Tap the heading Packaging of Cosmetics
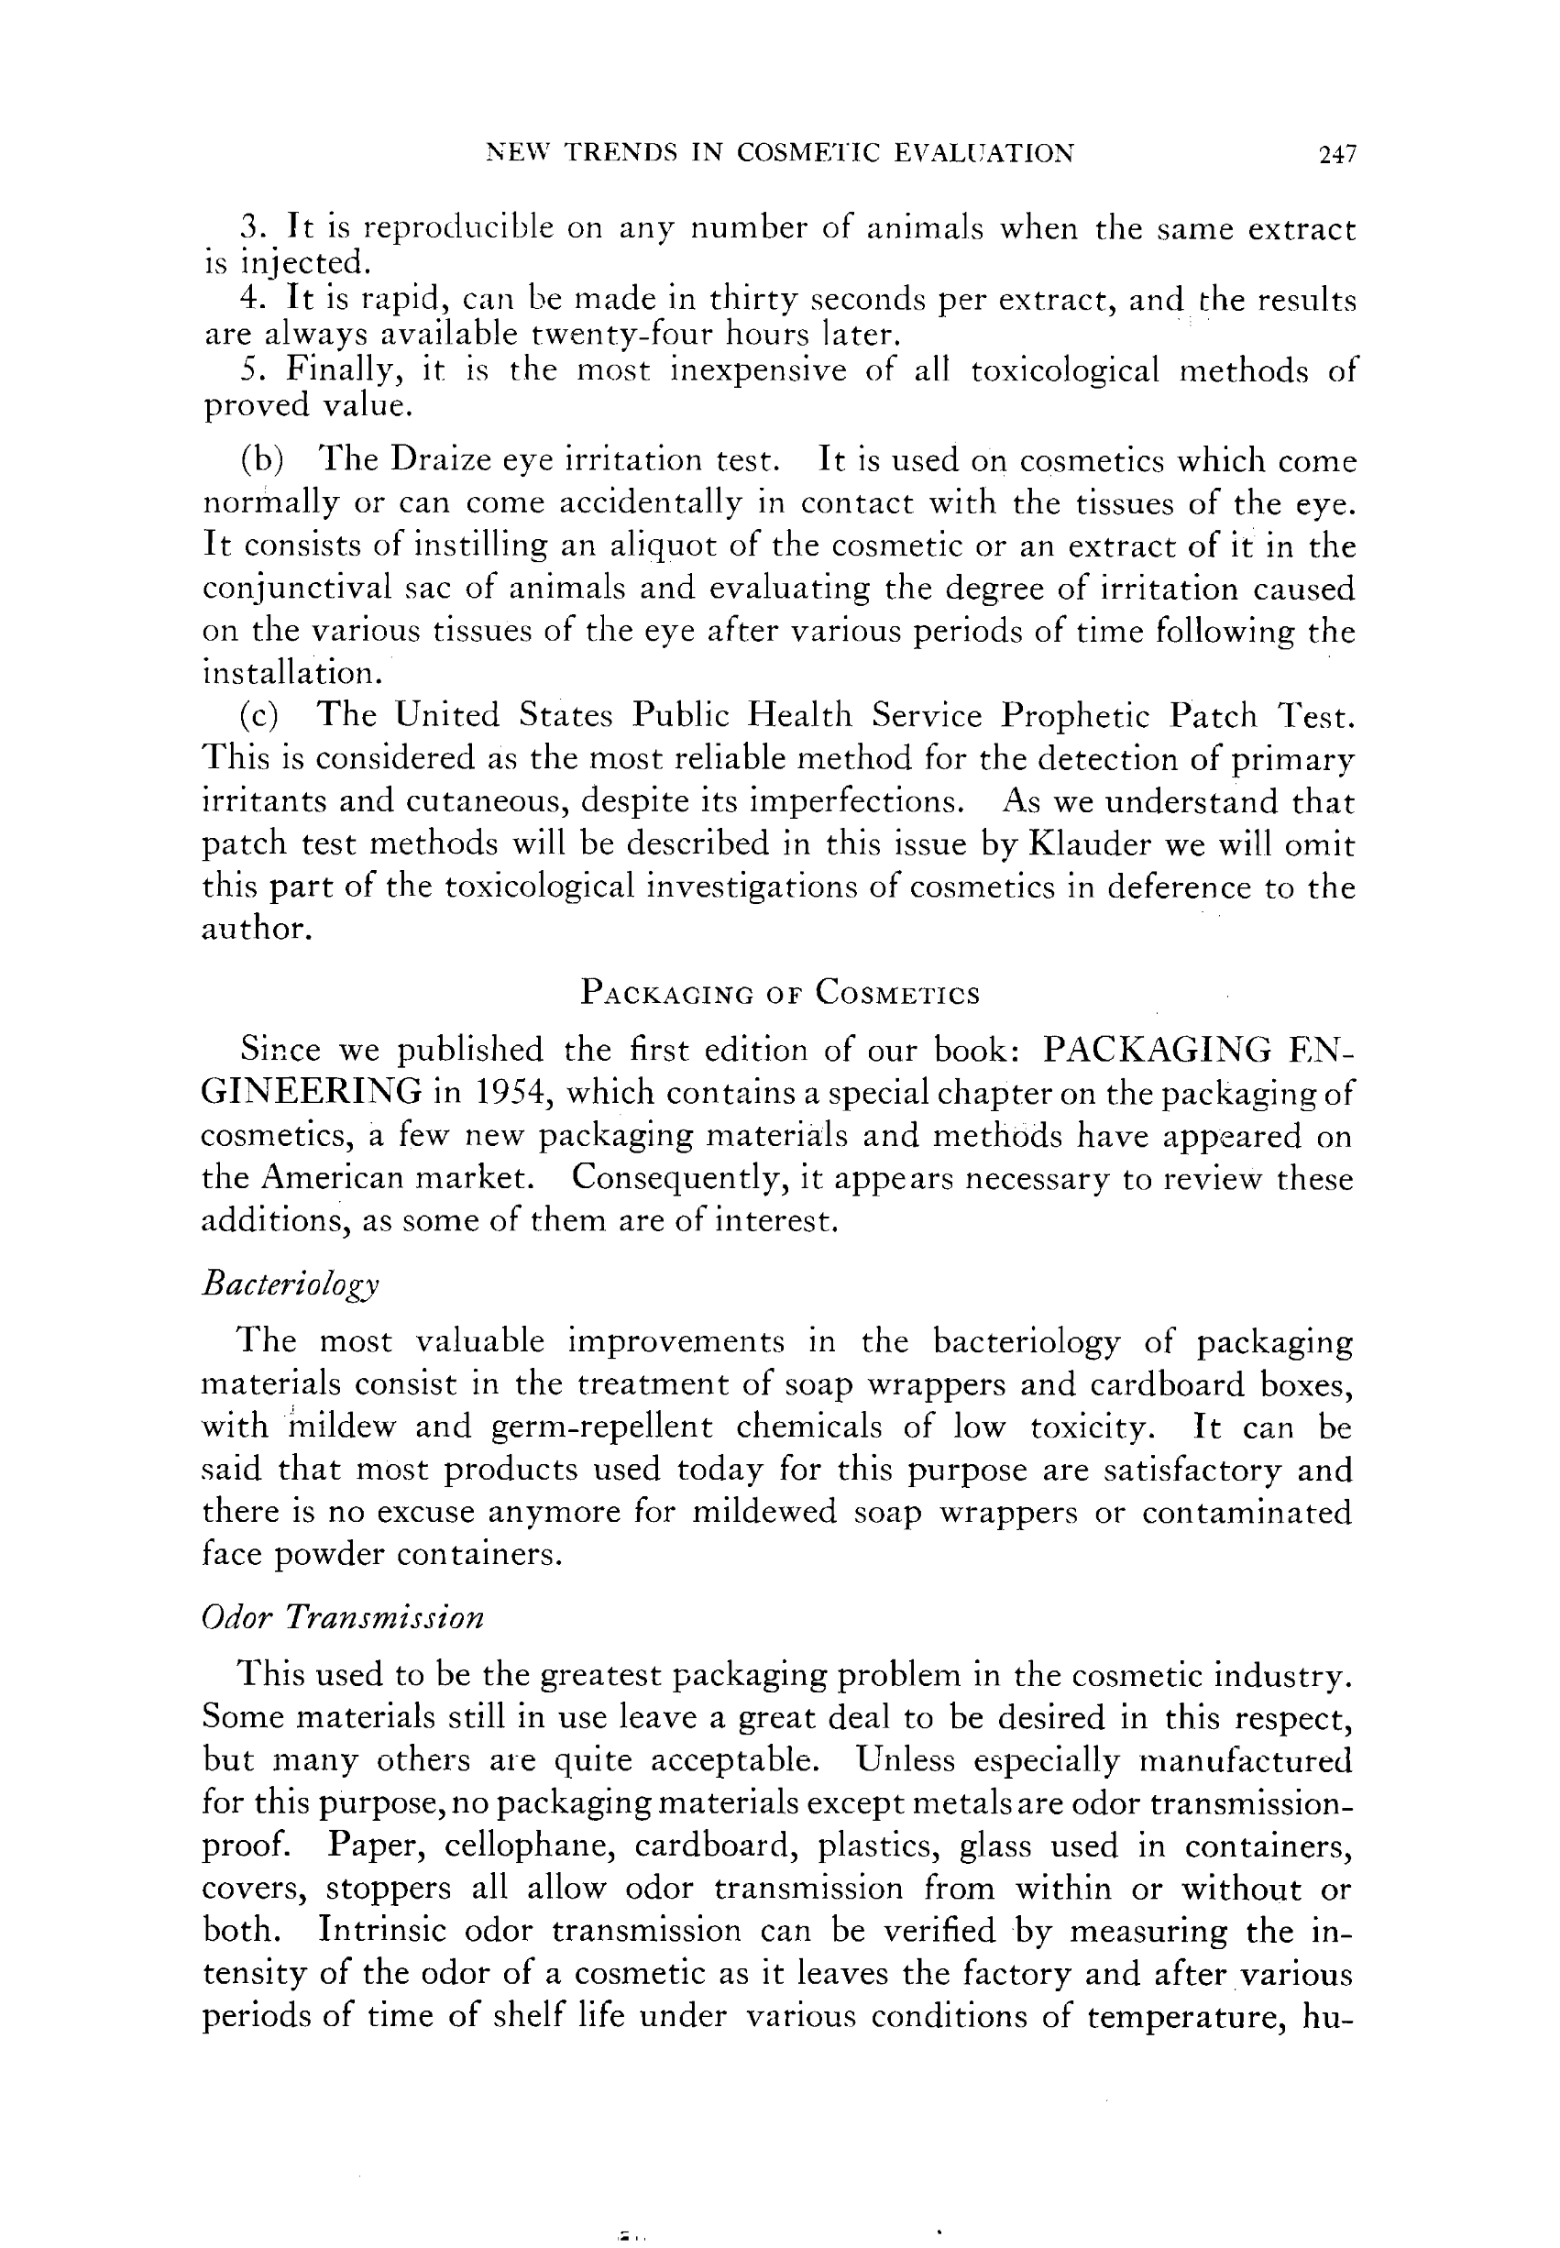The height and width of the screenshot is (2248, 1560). tap(779, 993)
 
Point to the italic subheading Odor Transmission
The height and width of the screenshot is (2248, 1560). tap(342, 1617)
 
